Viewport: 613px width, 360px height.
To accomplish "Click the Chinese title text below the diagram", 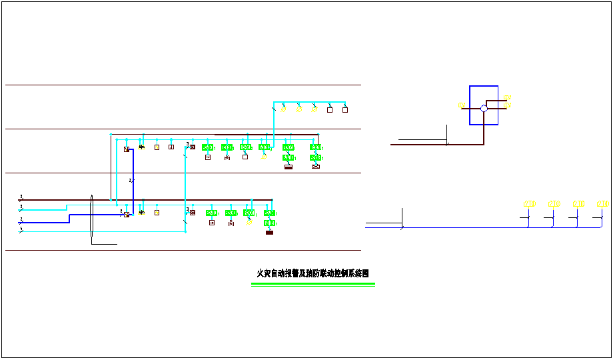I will tap(312, 273).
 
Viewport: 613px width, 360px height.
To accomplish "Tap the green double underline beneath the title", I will tap(312, 284).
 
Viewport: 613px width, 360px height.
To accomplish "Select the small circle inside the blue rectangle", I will tap(484, 108).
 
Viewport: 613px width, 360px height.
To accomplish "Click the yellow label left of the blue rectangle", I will tap(461, 105).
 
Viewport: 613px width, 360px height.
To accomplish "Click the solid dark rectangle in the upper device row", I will tap(289, 166).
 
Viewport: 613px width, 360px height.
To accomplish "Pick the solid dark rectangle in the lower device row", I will tap(270, 232).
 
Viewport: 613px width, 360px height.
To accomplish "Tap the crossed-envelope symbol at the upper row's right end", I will tap(316, 166).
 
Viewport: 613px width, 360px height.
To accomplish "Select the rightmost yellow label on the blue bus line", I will tap(603, 203).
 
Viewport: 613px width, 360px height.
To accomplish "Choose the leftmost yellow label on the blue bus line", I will tap(530, 203).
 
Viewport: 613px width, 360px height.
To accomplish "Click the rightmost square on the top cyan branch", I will tap(345, 109).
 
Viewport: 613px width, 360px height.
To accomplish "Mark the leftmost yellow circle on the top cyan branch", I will tap(283, 109).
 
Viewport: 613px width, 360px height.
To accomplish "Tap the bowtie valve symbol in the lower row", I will tap(231, 223).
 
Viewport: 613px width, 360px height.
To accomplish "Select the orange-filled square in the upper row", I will tap(157, 147).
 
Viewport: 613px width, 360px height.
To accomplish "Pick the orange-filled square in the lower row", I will tap(157, 213).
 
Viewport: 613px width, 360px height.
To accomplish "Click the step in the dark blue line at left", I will tap(69, 218).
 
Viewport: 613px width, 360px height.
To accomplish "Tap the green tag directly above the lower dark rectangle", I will tap(270, 223).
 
